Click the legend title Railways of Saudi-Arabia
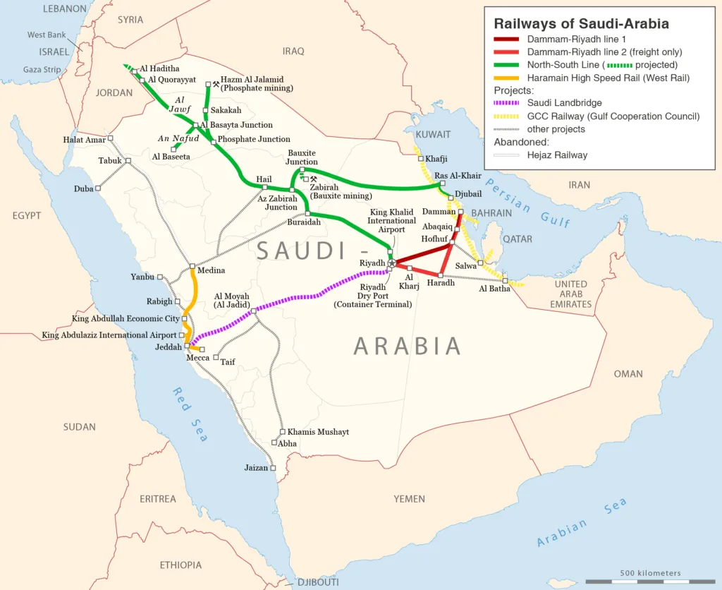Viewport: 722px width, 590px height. coord(581,23)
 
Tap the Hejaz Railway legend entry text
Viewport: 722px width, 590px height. coord(557,155)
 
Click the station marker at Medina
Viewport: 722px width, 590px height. coord(192,266)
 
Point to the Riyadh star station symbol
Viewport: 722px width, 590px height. coord(393,263)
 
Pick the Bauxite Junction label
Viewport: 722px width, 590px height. coord(302,157)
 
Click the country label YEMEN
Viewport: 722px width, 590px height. coord(409,499)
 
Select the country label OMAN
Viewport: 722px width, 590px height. coord(628,374)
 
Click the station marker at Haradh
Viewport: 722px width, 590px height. coord(441,275)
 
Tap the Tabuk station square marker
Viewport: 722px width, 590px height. coord(128,161)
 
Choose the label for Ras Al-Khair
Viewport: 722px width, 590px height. coord(458,176)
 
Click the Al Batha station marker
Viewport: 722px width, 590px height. coord(505,281)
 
